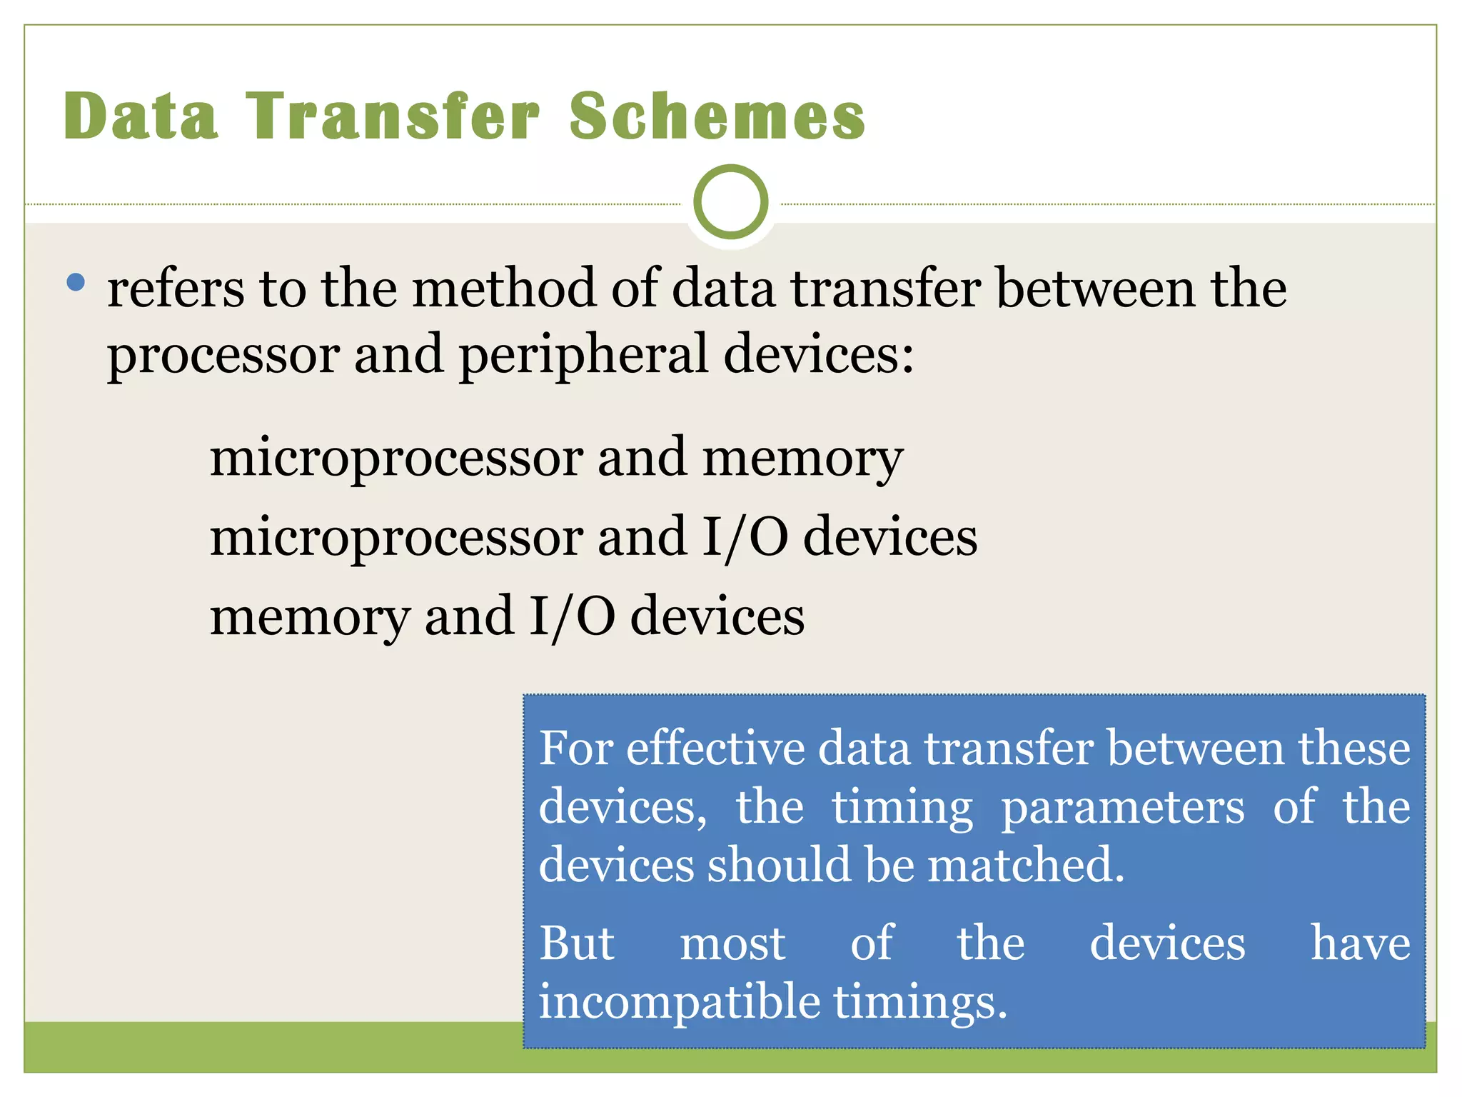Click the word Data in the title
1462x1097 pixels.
tap(141, 116)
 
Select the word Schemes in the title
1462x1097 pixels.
tap(717, 116)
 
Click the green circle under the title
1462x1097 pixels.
tap(730, 202)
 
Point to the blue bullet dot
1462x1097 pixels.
tap(75, 282)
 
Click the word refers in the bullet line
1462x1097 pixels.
tap(176, 289)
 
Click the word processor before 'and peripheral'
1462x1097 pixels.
tap(223, 356)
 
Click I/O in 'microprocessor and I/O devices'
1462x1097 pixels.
tap(745, 538)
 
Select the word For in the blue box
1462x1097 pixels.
tap(575, 748)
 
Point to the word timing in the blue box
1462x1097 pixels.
tap(902, 808)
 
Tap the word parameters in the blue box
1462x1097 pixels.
tap(1122, 808)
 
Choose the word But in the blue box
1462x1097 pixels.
tap(576, 943)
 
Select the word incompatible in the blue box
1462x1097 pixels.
tap(679, 1002)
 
